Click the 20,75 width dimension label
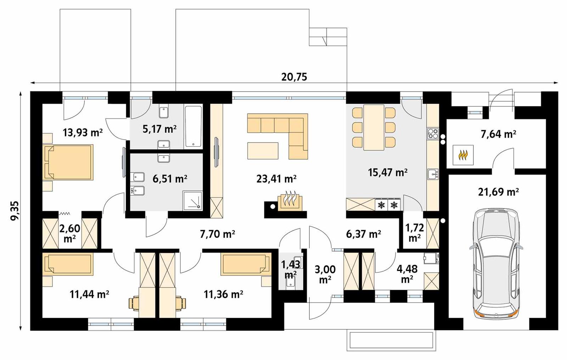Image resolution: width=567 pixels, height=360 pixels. coord(294,77)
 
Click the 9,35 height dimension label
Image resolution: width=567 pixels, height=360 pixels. coord(15,211)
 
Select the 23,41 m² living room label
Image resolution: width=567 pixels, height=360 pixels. coord(276,178)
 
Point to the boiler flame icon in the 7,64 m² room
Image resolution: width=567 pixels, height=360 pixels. coord(463,155)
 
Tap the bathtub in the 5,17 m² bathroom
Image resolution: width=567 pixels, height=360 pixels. coord(193,127)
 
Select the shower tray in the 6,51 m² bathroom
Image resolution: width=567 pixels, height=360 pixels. coord(192,200)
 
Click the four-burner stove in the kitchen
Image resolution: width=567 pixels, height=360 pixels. coord(433,133)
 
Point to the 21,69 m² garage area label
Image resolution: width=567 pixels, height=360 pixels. coord(498,192)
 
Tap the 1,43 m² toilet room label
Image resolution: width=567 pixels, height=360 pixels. coord(291,269)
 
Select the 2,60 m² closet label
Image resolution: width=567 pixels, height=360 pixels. coord(69,233)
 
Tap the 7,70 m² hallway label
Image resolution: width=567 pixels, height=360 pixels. coord(217,234)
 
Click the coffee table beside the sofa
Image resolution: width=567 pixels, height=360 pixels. coord(263,150)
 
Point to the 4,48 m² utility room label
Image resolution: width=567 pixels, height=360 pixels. coord(406,273)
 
